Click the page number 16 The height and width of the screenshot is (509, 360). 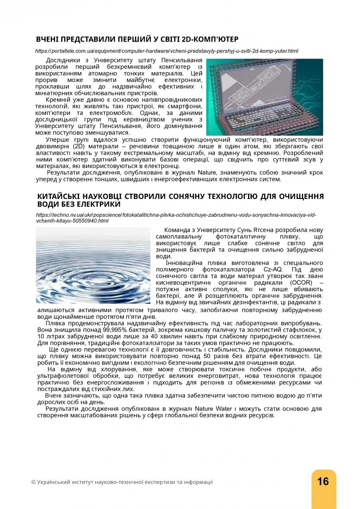[323, 481]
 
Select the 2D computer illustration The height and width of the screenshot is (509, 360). [264, 97]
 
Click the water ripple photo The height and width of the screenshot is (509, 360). [93, 266]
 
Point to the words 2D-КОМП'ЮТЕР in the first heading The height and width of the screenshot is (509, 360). [210, 39]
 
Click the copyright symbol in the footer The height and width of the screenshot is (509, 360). [34, 482]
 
